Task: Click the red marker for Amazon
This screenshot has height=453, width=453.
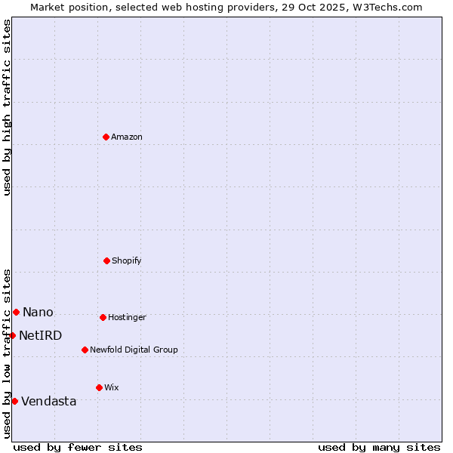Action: point(106,137)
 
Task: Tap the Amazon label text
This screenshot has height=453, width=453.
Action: point(127,137)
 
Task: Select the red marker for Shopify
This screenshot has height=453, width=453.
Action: point(106,260)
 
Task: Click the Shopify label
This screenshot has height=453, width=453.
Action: point(127,261)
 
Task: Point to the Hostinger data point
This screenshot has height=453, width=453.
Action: point(103,317)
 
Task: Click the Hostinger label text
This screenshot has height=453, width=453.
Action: point(127,318)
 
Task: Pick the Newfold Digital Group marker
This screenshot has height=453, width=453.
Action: point(85,350)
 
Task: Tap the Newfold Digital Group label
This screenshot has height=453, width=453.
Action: point(134,350)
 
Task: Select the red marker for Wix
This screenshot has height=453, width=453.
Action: point(99,387)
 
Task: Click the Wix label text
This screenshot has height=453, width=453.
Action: point(112,388)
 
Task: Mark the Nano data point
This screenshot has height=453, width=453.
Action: point(16,312)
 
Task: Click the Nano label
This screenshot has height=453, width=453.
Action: point(38,313)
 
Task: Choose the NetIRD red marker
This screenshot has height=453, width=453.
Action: point(12,335)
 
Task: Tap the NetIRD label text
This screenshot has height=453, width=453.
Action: point(41,336)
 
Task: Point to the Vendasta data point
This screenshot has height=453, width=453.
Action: point(14,401)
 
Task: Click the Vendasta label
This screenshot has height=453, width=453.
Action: point(49,402)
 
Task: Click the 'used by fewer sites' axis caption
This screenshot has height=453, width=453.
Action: point(78,447)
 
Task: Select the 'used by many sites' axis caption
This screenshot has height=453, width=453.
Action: point(379,447)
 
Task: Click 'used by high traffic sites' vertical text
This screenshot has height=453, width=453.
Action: point(7,107)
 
